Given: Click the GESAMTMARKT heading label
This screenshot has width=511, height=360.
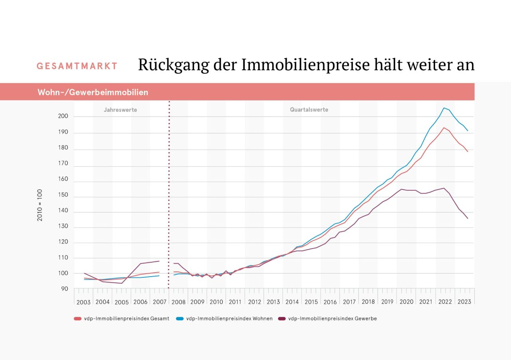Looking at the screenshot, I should point(77,66).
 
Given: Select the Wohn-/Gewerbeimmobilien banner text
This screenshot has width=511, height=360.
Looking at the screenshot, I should point(93,93).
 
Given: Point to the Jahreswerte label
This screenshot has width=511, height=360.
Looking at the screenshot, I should point(120,110).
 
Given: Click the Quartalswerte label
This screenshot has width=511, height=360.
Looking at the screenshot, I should point(309,110).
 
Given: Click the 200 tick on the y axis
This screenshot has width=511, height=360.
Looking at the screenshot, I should point(63,117).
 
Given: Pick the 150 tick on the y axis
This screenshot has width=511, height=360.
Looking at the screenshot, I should point(63,196).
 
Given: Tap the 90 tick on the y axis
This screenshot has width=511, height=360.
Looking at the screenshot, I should point(65,289).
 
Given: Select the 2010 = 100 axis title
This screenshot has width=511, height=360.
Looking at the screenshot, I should point(40,206).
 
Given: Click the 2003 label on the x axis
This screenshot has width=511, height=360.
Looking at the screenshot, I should point(83,302).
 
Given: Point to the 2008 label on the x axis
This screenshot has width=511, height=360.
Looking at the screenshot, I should point(178,302).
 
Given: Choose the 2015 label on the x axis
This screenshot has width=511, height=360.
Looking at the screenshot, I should point(311,302).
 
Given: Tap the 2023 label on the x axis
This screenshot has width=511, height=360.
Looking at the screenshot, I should point(464,302).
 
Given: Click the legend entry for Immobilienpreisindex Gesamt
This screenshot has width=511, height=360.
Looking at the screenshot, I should point(122,318).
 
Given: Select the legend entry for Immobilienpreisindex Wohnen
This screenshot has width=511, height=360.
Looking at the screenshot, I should point(224,318).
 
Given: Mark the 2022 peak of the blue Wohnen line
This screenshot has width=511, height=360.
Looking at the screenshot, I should point(444,108).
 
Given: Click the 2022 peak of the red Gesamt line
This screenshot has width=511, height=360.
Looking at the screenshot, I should point(444,128).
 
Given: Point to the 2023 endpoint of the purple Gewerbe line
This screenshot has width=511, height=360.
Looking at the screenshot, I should point(467,218).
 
